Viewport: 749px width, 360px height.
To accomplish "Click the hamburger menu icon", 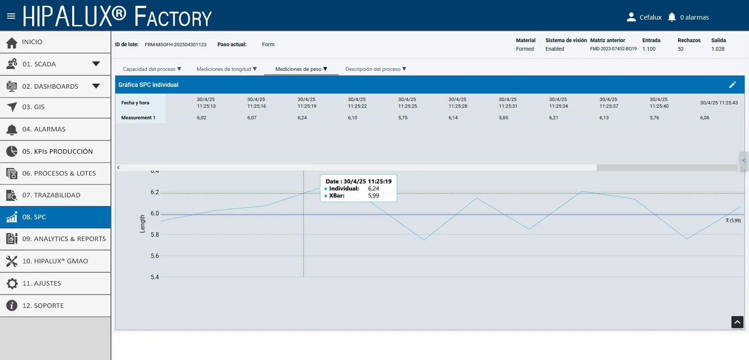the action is (11, 16).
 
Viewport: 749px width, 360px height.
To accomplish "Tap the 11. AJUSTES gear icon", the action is (12, 283).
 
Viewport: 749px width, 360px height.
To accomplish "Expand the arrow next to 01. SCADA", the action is (96, 64).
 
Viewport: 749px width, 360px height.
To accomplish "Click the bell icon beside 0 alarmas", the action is (672, 17).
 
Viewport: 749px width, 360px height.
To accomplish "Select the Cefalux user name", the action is (651, 17).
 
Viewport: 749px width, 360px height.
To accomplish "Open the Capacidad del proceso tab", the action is (152, 69).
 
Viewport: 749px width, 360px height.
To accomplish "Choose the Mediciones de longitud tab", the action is (227, 69).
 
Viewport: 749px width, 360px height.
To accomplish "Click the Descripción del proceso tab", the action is (376, 69).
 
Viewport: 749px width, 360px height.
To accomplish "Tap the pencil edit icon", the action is (732, 85).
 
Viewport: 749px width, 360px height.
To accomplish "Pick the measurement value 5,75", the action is (403, 118).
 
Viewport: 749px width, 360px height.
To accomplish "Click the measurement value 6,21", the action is (553, 118).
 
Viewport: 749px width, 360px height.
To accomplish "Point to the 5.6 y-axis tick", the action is (155, 256).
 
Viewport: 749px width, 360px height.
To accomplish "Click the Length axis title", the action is (143, 224).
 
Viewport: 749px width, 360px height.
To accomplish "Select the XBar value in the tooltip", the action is (373, 196).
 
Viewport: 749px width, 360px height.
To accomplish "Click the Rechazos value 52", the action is (680, 49).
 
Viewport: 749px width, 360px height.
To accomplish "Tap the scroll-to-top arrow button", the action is (737, 322).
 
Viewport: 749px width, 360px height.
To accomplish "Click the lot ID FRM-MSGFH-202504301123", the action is (176, 45).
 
